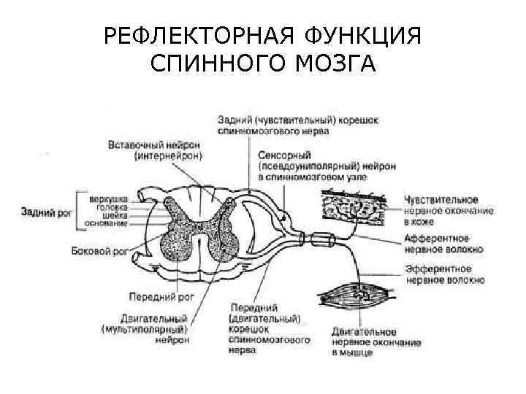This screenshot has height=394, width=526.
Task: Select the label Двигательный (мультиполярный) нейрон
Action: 145,329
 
